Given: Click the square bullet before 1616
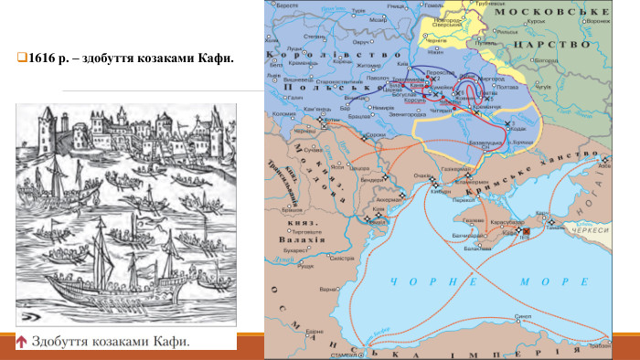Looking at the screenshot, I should (21, 58).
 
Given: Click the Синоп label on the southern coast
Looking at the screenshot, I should (523, 316).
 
